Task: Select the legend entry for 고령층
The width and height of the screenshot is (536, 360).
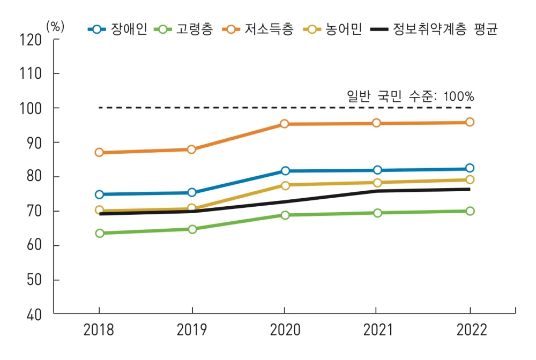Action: pos(183,29)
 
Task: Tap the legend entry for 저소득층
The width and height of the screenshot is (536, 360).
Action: pos(258,29)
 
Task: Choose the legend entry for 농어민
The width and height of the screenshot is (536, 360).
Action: pos(332,29)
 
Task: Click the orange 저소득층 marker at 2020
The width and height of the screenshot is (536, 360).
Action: pos(285,124)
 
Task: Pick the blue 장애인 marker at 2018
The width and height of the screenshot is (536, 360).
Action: pos(99,194)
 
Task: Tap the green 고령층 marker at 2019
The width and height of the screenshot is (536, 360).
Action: pos(192,229)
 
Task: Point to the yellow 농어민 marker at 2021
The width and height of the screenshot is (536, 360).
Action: pos(377,183)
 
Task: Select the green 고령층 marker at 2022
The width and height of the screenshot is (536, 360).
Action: pos(470,211)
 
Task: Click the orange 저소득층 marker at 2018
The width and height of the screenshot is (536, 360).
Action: pos(99,152)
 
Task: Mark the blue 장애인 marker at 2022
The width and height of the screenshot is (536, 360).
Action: pos(470,168)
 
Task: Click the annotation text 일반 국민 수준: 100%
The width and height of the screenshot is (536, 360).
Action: pos(411,96)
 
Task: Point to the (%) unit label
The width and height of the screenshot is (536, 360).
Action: pos(55,26)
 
